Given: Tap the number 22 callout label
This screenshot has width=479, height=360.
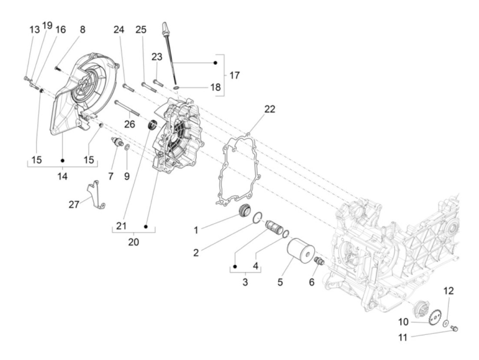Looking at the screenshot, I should tap(270, 109).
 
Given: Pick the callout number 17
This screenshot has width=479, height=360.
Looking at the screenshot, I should tap(235, 75).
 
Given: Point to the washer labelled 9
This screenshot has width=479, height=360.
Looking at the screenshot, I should tap(127, 147).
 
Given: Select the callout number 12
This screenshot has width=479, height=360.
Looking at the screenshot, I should tap(449, 291).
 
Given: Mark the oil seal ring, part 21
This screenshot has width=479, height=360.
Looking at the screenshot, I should tap(152, 125).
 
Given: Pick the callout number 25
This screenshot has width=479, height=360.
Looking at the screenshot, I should tap(141, 30).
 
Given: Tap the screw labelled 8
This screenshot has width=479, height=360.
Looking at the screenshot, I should tap(57, 69).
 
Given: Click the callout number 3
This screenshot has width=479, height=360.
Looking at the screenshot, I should tap(245, 282).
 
